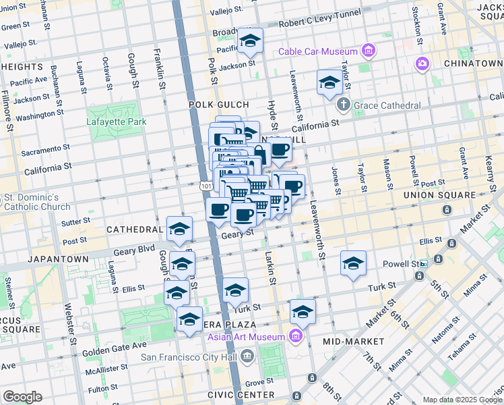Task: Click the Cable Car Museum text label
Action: point(319,52)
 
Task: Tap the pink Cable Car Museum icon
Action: point(368,51)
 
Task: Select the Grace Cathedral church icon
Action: point(344,105)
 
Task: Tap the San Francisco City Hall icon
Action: point(247,355)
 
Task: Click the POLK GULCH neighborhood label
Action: point(218,105)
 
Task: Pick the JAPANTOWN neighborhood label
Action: point(58,259)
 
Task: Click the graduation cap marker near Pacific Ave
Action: point(250,42)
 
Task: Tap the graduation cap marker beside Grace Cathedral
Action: point(329,83)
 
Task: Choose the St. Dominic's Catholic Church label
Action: point(37,202)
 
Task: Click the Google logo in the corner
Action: point(22,397)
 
